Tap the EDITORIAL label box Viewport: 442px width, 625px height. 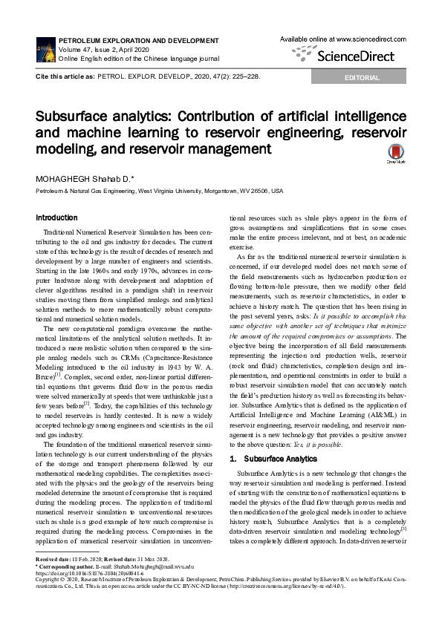pos(361,78)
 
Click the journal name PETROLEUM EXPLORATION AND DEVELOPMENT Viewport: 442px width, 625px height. pos(128,36)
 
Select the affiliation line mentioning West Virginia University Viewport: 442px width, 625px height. pos(160,191)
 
